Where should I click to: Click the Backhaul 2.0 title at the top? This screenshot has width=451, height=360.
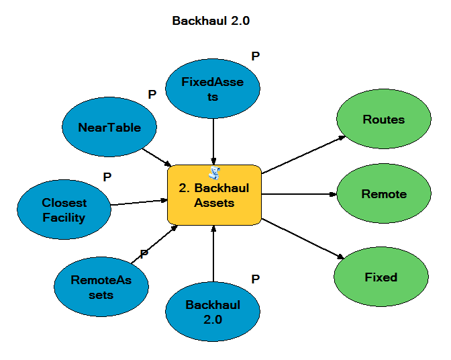(211, 21)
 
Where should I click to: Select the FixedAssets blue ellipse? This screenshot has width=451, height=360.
(213, 89)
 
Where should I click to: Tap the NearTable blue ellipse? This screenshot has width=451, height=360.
(109, 128)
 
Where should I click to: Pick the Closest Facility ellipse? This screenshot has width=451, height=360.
(64, 210)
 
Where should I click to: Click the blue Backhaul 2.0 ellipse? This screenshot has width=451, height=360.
(213, 312)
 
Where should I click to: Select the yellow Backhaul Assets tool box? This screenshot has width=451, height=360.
(213, 195)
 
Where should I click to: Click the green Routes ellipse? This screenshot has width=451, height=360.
(383, 120)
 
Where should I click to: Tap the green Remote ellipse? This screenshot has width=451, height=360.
(383, 194)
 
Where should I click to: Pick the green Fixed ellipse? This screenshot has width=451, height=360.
(381, 277)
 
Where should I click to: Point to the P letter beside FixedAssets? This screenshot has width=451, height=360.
(255, 56)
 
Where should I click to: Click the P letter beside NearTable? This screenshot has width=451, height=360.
(152, 95)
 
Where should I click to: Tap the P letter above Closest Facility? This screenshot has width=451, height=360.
(107, 177)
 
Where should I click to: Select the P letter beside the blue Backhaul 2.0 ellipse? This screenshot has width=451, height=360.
(255, 278)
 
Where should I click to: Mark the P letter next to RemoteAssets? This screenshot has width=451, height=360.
(144, 255)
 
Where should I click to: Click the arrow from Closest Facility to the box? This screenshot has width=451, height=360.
(138, 202)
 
